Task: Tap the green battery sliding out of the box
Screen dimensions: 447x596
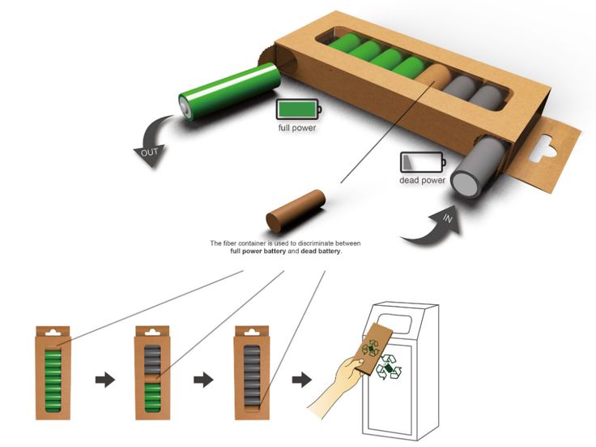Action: [x=229, y=91]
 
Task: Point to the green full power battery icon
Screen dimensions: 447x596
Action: [x=297, y=110]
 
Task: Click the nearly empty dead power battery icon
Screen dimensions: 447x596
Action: [x=421, y=161]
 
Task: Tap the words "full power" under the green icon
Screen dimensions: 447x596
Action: [x=296, y=129]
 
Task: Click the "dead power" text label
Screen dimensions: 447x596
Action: [x=422, y=180]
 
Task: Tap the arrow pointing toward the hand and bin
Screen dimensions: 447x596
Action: [x=302, y=379]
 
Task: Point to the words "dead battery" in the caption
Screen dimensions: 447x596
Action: [x=321, y=251]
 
